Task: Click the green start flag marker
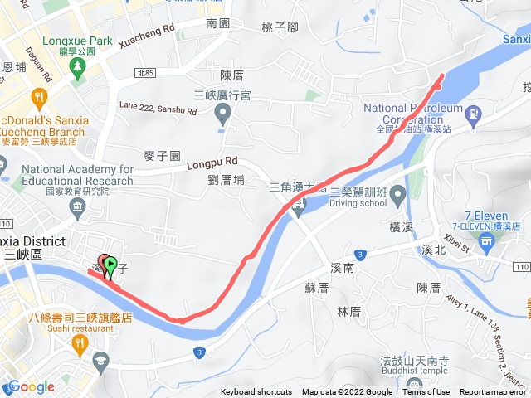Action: [110, 264]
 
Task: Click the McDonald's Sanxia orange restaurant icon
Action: [38, 99]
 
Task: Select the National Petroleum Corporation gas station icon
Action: [473, 114]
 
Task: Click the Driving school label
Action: [358, 203]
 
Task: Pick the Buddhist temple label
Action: [406, 375]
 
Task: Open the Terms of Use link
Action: [426, 392]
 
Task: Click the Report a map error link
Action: [493, 392]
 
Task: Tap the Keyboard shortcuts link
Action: [256, 392]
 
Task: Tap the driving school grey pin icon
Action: [397, 196]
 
